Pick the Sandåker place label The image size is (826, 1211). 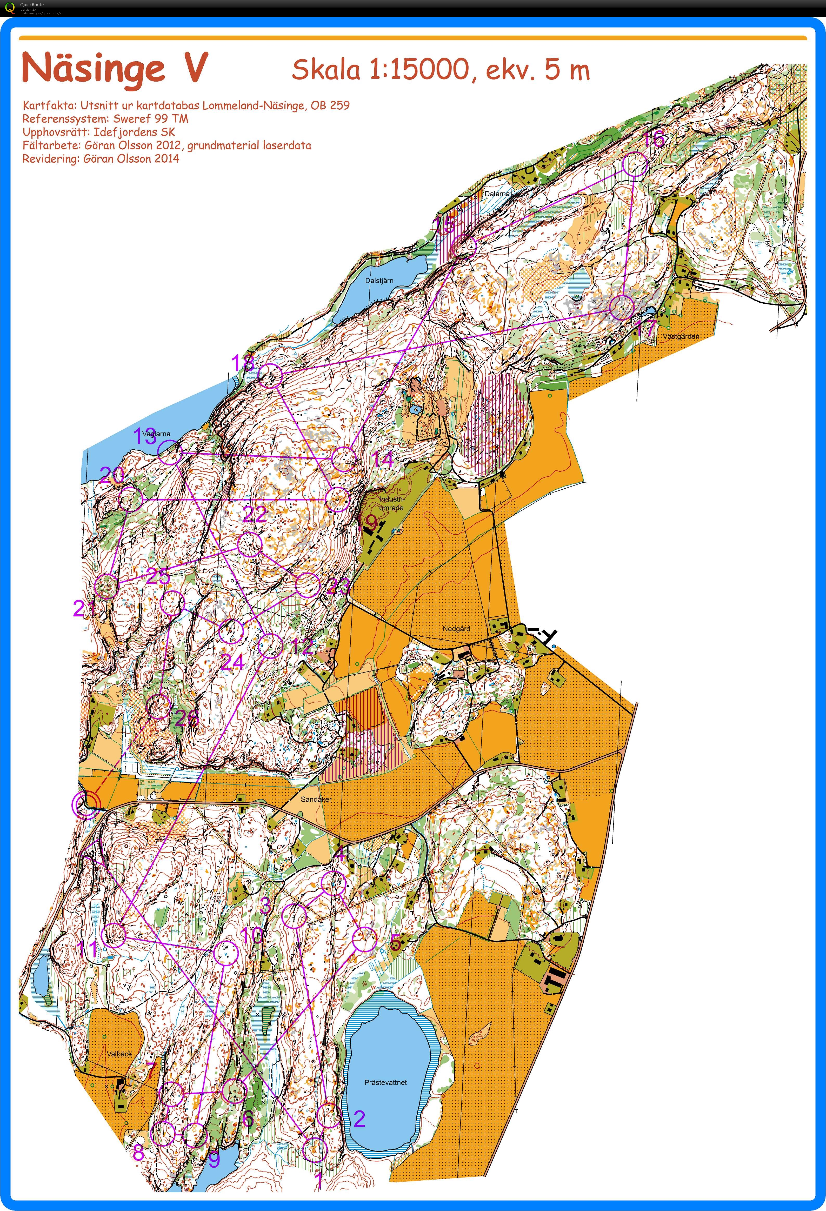(316, 799)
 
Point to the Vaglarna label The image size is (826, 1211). (156, 434)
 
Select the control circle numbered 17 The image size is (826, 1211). (622, 308)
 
